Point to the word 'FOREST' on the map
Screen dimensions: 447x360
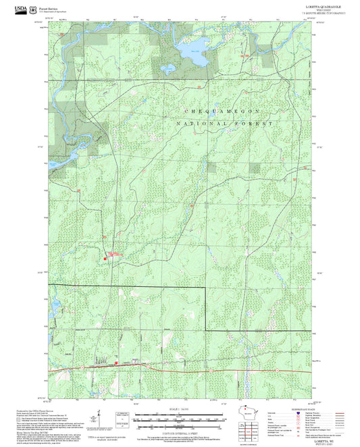pos(259,125)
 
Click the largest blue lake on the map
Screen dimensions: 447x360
pos(190,55)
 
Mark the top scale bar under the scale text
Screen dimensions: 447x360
pos(179,415)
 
